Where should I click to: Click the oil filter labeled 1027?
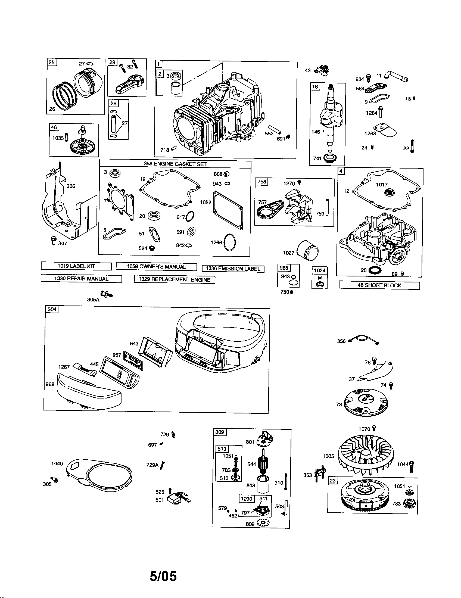(x=308, y=250)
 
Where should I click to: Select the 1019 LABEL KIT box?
(x=76, y=266)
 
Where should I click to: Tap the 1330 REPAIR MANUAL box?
(x=81, y=279)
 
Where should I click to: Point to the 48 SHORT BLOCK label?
(x=379, y=285)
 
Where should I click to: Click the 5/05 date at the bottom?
(x=163, y=576)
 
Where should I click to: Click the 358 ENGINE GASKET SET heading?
(x=175, y=164)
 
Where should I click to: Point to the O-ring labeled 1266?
(x=230, y=242)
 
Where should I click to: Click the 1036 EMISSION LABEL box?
(x=233, y=269)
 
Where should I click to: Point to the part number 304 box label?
(x=52, y=309)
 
